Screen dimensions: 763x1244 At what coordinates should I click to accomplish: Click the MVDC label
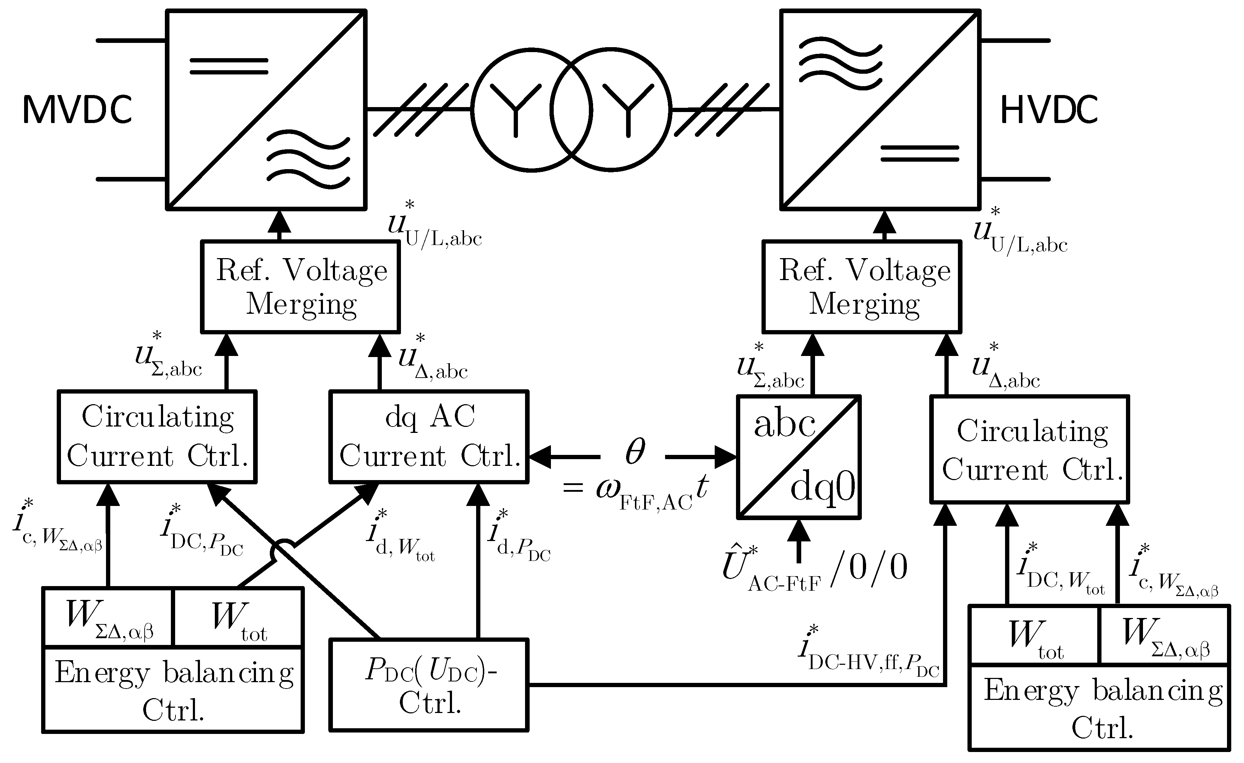click(77, 110)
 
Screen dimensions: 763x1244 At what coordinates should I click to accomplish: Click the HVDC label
click(1049, 110)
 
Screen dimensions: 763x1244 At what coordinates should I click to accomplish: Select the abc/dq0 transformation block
click(798, 457)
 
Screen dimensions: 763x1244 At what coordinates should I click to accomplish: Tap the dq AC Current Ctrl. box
click(429, 436)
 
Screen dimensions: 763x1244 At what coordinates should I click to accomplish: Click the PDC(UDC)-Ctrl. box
click(429, 685)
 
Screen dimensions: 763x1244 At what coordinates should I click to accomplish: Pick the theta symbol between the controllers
click(634, 451)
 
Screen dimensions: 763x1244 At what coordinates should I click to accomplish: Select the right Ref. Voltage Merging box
click(862, 287)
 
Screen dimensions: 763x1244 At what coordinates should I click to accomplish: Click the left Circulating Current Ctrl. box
click(157, 436)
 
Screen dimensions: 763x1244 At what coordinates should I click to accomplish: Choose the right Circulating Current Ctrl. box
click(1030, 450)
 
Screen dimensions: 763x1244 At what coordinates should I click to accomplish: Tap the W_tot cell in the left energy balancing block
click(238, 617)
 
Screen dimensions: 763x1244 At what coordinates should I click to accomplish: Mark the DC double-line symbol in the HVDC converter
click(919, 154)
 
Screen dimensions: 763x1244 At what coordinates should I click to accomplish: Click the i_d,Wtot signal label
click(400, 537)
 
